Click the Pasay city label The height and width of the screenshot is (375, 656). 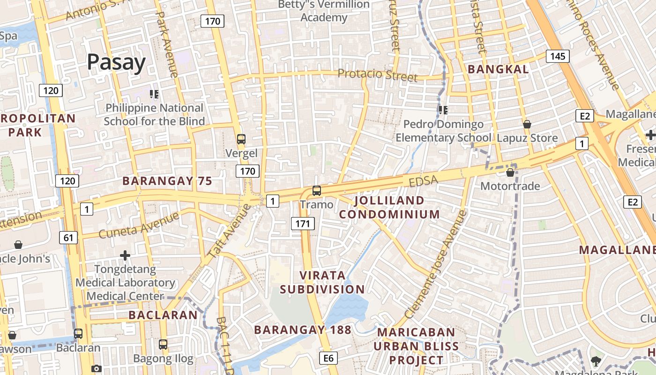tap(116, 62)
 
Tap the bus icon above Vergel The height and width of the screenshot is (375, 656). tap(241, 139)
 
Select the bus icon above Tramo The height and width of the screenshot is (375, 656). tap(317, 191)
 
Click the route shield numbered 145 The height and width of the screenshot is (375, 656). tap(557, 56)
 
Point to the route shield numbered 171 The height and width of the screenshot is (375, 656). tap(303, 224)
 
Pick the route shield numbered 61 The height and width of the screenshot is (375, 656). tap(68, 238)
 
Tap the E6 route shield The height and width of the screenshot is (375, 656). tap(328, 358)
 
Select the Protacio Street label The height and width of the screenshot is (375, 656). tap(377, 75)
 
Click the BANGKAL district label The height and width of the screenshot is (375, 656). tap(499, 69)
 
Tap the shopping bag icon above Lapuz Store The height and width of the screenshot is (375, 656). tap(527, 124)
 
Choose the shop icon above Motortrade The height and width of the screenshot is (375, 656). tap(510, 172)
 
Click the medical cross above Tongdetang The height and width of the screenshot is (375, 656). tap(125, 255)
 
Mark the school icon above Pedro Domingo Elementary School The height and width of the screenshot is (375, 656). tap(443, 110)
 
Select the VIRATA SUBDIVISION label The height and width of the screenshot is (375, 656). tap(322, 282)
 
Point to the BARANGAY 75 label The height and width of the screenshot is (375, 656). tap(167, 181)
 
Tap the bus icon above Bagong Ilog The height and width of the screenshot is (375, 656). tap(163, 345)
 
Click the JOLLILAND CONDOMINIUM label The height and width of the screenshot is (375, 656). tap(389, 207)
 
